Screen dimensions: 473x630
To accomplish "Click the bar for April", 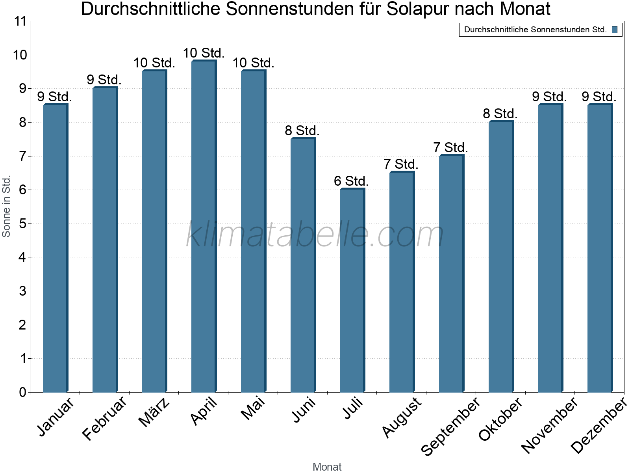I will click(x=204, y=226).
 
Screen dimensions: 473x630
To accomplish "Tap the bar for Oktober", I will click(x=501, y=257).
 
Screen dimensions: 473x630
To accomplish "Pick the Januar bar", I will click(x=55, y=248).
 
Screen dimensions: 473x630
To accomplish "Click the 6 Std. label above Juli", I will click(x=351, y=181).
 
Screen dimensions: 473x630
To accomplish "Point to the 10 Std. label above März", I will click(x=154, y=63).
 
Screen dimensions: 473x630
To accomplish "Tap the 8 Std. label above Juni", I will click(x=302, y=130).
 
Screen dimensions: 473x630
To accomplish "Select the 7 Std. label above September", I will click(x=450, y=148).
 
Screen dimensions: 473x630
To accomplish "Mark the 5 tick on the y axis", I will click(x=22, y=224).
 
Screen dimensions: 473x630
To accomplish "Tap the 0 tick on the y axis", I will click(x=22, y=392).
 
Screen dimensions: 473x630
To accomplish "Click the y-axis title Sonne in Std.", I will click(x=6, y=206).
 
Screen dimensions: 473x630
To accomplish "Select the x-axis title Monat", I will click(x=327, y=467).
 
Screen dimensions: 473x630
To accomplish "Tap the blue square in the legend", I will click(x=615, y=30).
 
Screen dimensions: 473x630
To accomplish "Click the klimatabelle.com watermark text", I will click(x=315, y=235).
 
